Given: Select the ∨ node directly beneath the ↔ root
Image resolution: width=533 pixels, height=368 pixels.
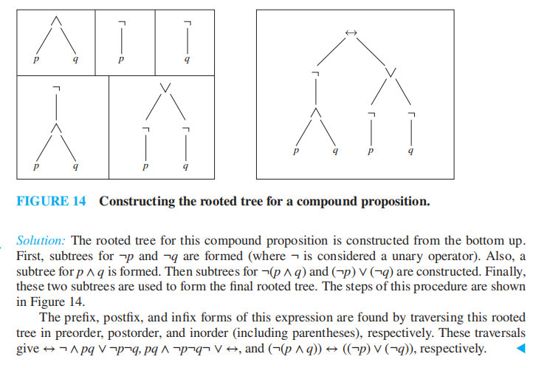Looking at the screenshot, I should pos(391,72).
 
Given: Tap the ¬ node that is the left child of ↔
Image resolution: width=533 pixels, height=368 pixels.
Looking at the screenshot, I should pos(316,72).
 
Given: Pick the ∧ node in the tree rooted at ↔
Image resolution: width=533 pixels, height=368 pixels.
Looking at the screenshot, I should pos(316,112).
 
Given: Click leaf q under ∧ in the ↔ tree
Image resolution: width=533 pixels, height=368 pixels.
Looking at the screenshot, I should pos(336,151).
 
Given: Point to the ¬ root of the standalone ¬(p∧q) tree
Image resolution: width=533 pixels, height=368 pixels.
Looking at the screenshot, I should pos(55,88).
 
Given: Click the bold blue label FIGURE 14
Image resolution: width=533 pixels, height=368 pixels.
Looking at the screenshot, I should pos(50,201).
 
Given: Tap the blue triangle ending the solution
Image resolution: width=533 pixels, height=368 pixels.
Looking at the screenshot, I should pos(521,347).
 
